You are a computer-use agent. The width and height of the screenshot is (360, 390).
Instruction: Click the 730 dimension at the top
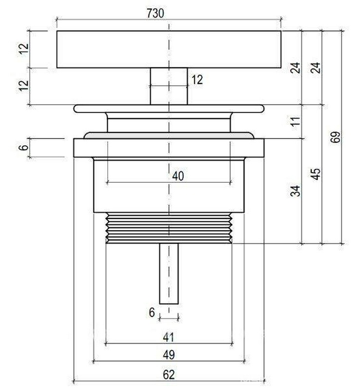pos(155,13)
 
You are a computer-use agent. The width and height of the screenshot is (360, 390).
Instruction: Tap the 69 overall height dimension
pos(335,137)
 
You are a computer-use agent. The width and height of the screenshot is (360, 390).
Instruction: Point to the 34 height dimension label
pos(295,191)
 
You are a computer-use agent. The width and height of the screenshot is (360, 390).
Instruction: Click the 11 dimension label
pos(296,121)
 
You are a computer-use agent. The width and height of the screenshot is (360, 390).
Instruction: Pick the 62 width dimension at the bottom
pos(169,374)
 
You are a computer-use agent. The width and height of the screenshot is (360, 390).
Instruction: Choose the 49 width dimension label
pos(169,355)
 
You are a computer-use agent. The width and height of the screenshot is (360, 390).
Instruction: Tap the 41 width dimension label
pos(169,337)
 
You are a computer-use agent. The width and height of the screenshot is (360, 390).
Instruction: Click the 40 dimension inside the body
pos(178,176)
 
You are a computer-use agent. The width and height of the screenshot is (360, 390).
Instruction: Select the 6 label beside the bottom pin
pos(152,312)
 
